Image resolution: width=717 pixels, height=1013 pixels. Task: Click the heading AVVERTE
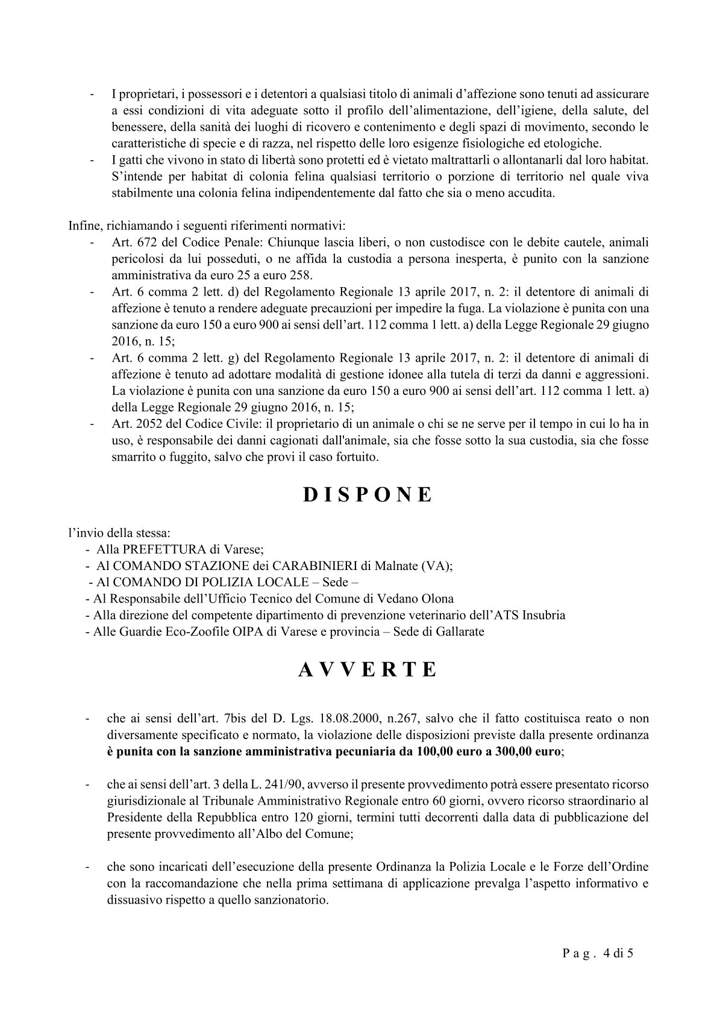tap(367, 670)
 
